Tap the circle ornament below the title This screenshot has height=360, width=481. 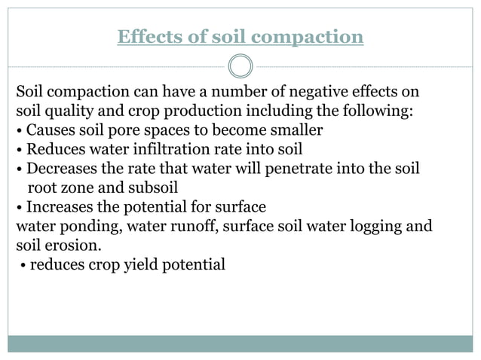point(240,67)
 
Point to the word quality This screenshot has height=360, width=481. point(75,112)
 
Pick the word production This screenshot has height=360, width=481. point(215,112)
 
